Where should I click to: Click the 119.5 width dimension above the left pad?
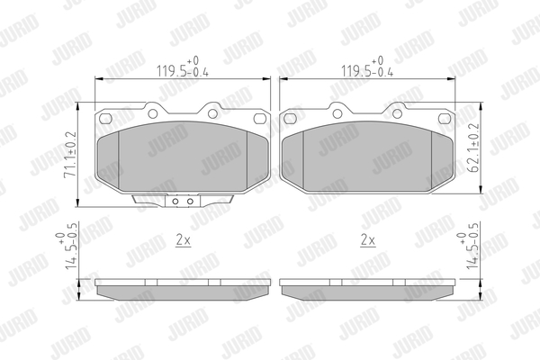183,67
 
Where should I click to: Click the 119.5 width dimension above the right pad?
367,67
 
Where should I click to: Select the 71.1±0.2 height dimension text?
70,154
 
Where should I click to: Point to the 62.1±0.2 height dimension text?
473,148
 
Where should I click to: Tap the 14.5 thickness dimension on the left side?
66,246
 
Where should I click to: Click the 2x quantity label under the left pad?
184,240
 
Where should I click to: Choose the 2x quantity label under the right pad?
368,240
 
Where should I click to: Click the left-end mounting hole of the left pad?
105,119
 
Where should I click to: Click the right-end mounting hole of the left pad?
260,119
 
